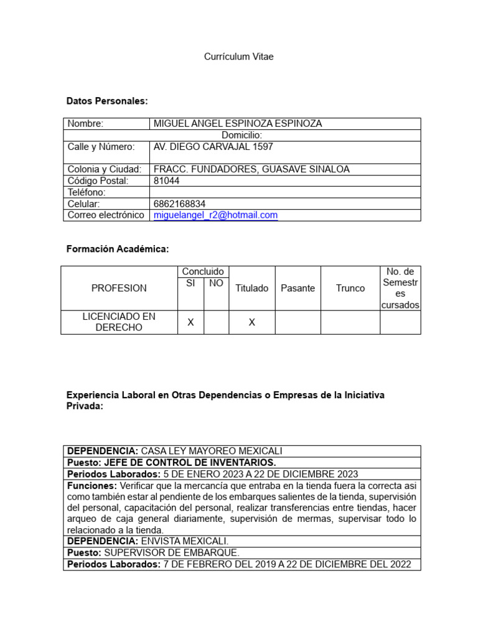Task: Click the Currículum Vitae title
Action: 239,57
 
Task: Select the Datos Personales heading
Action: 107,101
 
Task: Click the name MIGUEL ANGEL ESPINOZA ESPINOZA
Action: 238,124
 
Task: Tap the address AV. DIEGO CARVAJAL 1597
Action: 213,147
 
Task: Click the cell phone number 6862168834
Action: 179,204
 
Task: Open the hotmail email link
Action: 215,215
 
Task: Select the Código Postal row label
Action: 98,181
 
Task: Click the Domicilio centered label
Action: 241,135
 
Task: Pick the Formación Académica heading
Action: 118,249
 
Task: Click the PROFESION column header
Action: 119,289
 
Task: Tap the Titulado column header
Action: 251,289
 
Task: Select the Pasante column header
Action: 298,289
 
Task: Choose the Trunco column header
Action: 350,289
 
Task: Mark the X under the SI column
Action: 191,322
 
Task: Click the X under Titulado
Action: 251,322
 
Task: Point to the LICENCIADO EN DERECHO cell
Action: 119,322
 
